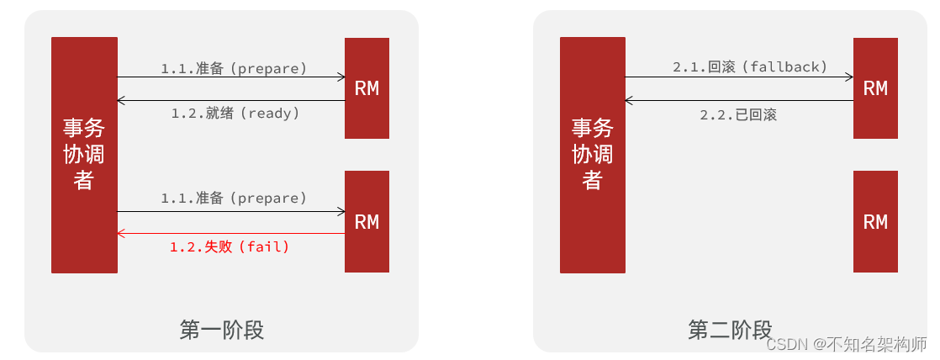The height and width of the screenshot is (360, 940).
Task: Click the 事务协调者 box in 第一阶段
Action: (84, 156)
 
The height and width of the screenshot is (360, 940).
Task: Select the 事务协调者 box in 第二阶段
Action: (593, 156)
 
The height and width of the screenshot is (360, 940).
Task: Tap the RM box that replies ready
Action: (367, 88)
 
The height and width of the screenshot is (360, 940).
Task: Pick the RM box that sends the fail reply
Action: (367, 222)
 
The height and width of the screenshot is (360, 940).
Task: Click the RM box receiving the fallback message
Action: (875, 88)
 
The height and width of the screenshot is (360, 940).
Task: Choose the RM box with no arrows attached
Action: (875, 222)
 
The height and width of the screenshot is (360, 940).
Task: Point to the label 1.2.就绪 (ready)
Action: (235, 113)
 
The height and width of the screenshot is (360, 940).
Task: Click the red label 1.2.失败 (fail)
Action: (230, 246)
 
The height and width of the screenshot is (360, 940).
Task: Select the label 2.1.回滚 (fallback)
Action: (750, 66)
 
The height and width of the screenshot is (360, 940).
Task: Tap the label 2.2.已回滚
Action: (738, 114)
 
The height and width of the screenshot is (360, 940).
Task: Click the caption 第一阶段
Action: (222, 330)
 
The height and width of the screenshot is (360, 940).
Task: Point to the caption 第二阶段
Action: (730, 330)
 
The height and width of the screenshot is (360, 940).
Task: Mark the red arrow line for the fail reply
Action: (231, 233)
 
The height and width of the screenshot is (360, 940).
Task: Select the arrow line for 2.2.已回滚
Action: (739, 101)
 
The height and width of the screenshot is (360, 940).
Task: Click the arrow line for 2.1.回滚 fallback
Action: (739, 77)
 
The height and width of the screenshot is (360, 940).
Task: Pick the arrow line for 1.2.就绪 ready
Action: (231, 101)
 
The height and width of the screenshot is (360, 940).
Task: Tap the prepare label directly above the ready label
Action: (235, 68)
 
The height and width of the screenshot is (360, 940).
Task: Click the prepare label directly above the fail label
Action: (235, 199)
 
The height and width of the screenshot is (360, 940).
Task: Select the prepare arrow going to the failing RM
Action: (231, 211)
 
